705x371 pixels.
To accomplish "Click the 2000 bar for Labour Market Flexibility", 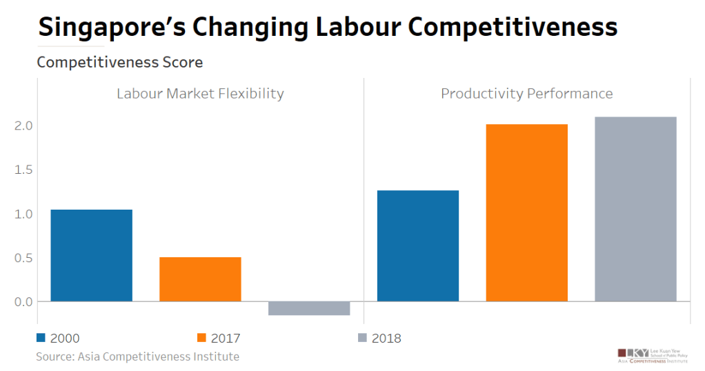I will coord(92,255).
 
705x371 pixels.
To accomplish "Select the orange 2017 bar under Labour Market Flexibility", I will coord(200,279).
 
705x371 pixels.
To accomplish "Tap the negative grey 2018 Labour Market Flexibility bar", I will coord(309,308).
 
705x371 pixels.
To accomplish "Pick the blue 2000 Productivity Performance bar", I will coord(418,245).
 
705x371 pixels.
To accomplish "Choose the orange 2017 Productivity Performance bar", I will coord(527,212).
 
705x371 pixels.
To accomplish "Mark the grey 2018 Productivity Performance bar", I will coord(635,209).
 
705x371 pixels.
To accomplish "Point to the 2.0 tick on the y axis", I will coord(23,126).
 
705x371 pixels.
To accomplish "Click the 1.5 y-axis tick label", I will coord(23,170).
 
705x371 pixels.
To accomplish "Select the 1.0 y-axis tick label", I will coord(23,214).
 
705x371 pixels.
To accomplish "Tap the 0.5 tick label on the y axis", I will coord(23,258).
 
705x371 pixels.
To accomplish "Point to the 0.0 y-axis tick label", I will coord(23,301).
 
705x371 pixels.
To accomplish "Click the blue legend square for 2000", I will coord(41,338).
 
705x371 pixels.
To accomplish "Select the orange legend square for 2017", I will coord(201,338).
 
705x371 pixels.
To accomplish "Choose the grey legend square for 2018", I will coord(363,338).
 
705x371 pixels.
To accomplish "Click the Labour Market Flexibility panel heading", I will coord(200,94).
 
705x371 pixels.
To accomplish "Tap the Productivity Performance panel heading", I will coord(527,94).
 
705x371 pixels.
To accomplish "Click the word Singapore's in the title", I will coord(110,28).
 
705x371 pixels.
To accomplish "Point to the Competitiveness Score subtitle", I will coord(119,63).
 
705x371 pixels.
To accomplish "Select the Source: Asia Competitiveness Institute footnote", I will coord(137,357).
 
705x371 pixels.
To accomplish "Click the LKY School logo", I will coord(653,354).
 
